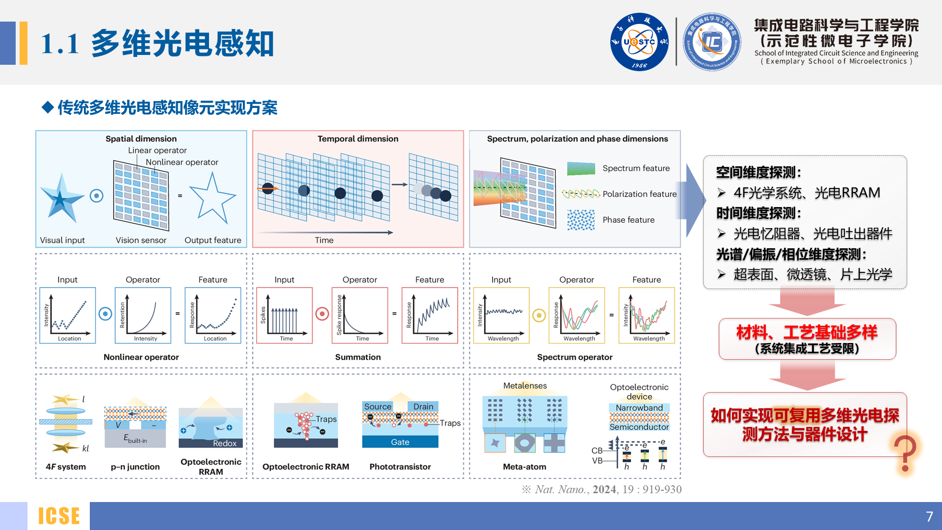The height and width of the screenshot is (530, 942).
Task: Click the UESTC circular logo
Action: pos(639,42)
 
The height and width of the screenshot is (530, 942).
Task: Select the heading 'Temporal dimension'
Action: pos(358,139)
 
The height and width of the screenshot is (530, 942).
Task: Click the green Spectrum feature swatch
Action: pos(581,168)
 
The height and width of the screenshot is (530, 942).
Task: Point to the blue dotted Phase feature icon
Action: pos(581,220)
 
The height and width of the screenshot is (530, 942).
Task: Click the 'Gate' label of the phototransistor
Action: pos(400,442)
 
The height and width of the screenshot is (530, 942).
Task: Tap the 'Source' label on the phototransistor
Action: pos(378,406)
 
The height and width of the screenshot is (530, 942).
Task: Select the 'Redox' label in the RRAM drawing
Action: pos(225,443)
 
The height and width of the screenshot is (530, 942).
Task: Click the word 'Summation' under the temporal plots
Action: pos(358,357)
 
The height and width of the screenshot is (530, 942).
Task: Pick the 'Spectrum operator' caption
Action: pos(575,357)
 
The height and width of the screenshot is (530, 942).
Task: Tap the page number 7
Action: pos(929,516)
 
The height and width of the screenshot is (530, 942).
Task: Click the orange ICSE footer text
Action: pos(59,516)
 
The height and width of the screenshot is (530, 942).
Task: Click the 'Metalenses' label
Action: pos(524,386)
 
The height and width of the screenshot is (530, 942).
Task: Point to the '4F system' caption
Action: pos(66,467)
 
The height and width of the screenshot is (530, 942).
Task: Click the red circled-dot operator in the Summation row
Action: pos(322,314)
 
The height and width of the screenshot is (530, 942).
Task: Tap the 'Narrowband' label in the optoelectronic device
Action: pos(639,408)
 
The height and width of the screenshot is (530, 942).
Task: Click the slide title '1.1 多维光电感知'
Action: pos(157,43)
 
